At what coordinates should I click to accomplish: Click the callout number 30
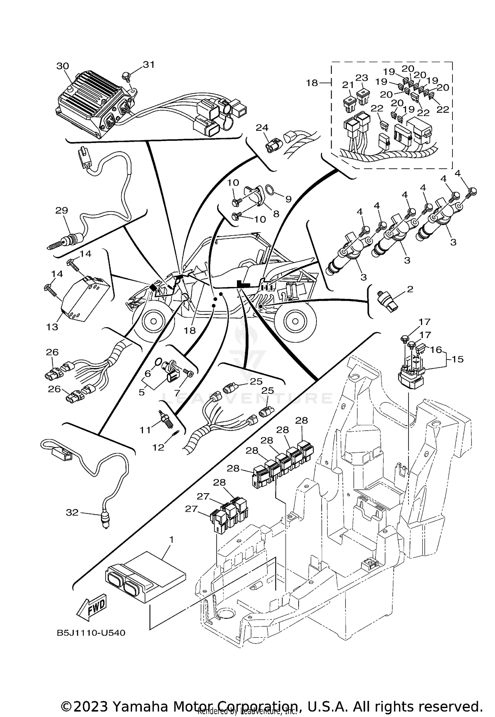[x=63, y=66]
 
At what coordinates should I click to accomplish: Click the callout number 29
[x=62, y=210]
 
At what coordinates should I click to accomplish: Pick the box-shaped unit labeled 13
[x=85, y=296]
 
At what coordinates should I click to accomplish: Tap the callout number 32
[x=72, y=512]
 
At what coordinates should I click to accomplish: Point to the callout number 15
[x=458, y=359]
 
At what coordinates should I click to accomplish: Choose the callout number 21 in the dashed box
[x=348, y=85]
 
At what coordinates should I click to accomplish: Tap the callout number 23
[x=362, y=78]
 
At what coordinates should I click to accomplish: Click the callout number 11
[x=145, y=430]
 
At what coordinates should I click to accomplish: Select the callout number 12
[x=158, y=447]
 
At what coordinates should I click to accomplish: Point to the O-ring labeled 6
[x=159, y=362]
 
